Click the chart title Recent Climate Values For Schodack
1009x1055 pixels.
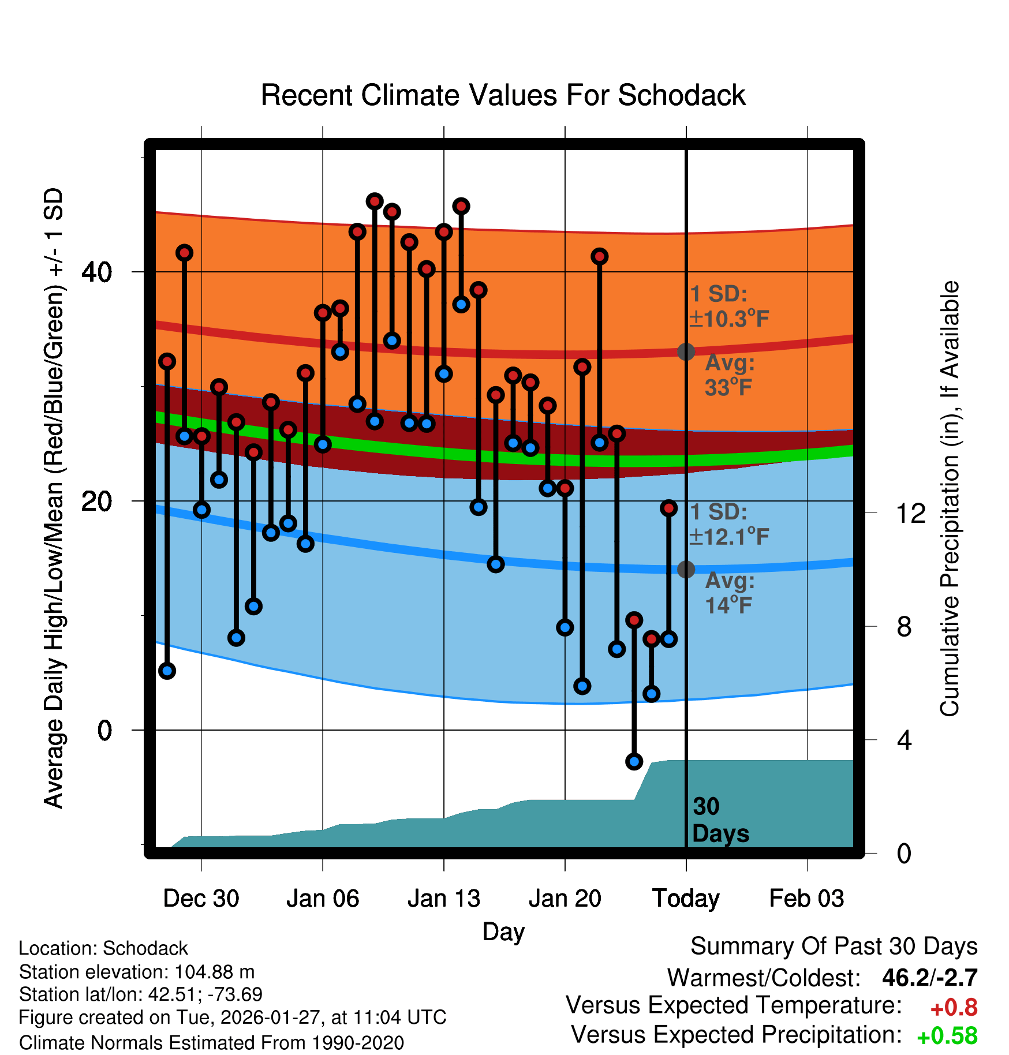(x=503, y=95)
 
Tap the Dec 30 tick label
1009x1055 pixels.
(x=201, y=899)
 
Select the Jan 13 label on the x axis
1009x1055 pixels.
(x=443, y=899)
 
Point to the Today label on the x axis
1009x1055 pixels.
(x=686, y=899)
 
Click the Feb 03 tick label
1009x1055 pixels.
(x=806, y=899)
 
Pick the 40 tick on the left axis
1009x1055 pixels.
(x=96, y=272)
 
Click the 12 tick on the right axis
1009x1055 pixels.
(x=911, y=513)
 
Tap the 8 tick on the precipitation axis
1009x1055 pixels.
(x=905, y=626)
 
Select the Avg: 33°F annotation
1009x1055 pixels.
(x=730, y=375)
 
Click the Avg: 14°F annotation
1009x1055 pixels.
(x=730, y=593)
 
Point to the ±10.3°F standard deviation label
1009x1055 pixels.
(x=730, y=319)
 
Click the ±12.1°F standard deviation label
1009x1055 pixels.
(x=730, y=537)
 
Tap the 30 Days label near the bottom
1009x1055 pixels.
(x=720, y=820)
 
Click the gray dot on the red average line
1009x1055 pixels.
(x=686, y=351)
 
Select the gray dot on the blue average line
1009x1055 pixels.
(x=686, y=570)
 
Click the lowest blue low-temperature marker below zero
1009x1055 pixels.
(x=634, y=761)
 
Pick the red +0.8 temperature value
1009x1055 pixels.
(x=954, y=1008)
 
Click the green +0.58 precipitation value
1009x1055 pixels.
(x=947, y=1036)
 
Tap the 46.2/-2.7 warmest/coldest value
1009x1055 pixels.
(x=929, y=978)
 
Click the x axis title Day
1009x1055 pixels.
(x=503, y=931)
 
